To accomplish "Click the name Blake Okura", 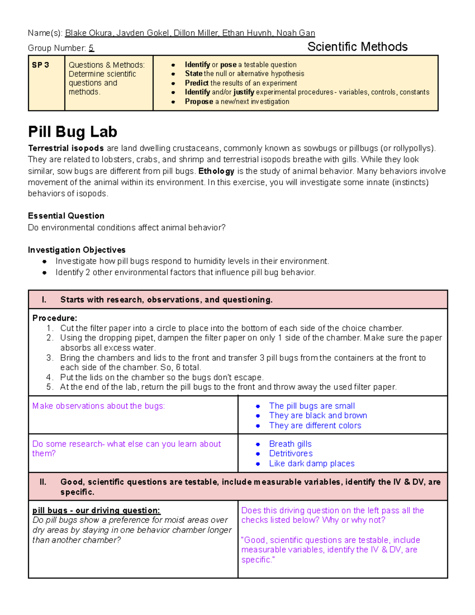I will click(x=88, y=33).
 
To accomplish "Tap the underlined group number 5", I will click(x=91, y=48).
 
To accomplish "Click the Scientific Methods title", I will click(x=357, y=47).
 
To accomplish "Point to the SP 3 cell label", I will click(x=40, y=65).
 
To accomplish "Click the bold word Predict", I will click(x=196, y=83).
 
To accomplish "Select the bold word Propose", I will click(x=199, y=101).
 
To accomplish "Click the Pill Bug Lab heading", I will click(x=72, y=131).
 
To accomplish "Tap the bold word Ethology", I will click(x=216, y=171).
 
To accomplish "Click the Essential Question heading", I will click(x=66, y=216).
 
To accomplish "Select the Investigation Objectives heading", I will click(x=76, y=250).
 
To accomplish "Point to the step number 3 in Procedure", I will click(x=49, y=358).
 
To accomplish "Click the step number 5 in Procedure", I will click(x=49, y=387).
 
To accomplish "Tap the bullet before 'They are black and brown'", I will click(x=258, y=416).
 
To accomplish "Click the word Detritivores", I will click(x=291, y=453).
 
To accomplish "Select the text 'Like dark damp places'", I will click(x=312, y=463).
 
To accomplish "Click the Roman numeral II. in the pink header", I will click(x=43, y=482).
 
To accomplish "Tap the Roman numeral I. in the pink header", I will click(x=44, y=300).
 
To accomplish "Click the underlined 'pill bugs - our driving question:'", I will click(x=96, y=510).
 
